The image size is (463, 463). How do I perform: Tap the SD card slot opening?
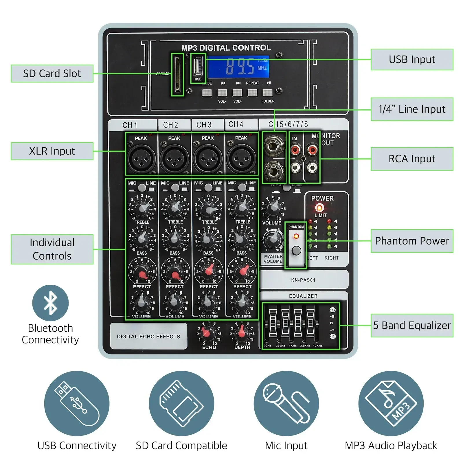pyautogui.click(x=177, y=74)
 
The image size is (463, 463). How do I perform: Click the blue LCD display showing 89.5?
pyautogui.click(x=238, y=67)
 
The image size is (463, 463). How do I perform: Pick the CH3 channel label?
pyautogui.click(x=204, y=125)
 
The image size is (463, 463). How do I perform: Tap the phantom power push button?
pyautogui.click(x=296, y=251)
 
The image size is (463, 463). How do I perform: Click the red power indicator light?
pyautogui.click(x=319, y=207)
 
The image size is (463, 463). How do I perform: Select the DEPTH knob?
pyautogui.click(x=242, y=333)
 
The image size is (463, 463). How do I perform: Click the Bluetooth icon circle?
pyautogui.click(x=50, y=303)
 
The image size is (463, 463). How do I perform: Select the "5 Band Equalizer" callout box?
pyautogui.click(x=412, y=326)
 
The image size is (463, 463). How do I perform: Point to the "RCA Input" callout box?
pyautogui.click(x=412, y=159)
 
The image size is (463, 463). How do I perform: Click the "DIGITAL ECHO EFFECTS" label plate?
pyautogui.click(x=148, y=337)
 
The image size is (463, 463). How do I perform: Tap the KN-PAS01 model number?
pyautogui.click(x=303, y=280)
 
